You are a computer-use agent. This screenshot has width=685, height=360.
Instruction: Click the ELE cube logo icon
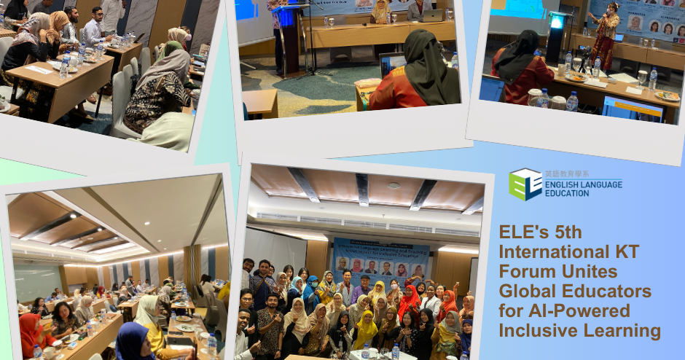click(x=525, y=184)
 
